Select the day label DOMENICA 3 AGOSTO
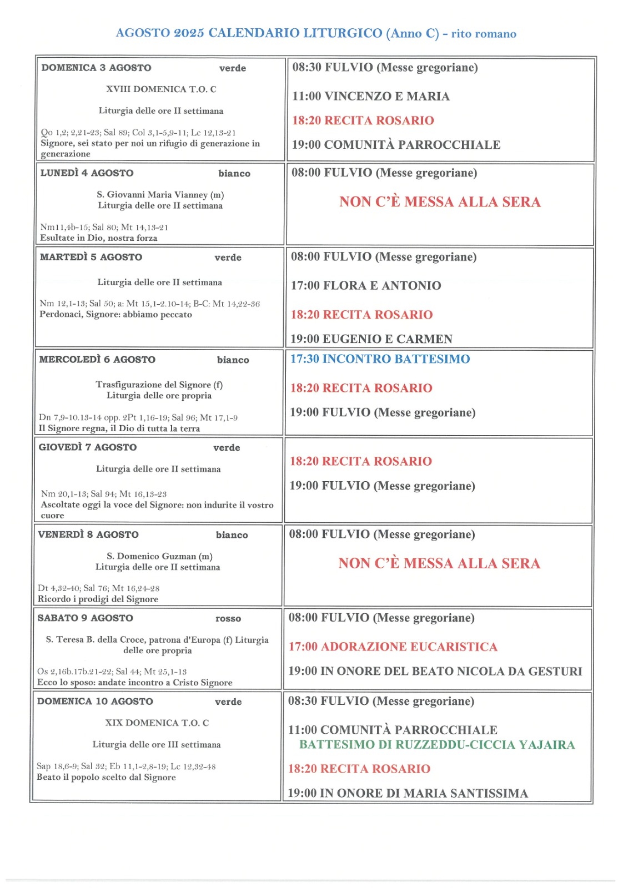[x=96, y=68]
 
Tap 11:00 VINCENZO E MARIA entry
[x=370, y=97]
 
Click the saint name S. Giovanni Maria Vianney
[x=160, y=195]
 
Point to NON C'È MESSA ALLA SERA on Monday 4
[x=440, y=202]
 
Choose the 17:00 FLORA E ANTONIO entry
[x=366, y=286]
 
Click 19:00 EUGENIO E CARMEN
[x=371, y=339]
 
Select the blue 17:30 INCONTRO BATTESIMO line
[x=380, y=359]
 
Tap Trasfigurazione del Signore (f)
[x=159, y=385]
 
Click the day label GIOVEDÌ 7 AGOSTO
[x=87, y=447]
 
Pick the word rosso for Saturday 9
[x=228, y=619]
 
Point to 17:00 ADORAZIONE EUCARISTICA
[x=393, y=647]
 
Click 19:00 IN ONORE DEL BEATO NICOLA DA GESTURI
[x=435, y=671]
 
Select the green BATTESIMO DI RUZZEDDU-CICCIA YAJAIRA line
[x=436, y=745]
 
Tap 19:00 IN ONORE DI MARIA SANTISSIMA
[x=408, y=793]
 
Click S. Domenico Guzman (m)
[x=159, y=556]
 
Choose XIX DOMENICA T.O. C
[x=157, y=723]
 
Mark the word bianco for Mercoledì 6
[x=233, y=360]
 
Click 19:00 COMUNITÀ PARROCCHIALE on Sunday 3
[x=396, y=145]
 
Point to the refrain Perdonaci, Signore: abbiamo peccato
[x=115, y=315]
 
